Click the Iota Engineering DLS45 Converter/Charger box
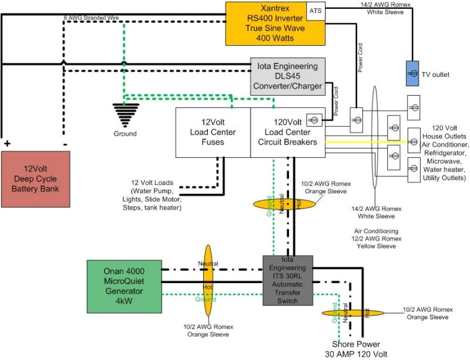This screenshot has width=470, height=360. coord(287,76)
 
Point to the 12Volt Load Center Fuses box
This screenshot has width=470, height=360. coord(213,133)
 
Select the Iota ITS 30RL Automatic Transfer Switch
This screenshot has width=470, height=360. coord(287,280)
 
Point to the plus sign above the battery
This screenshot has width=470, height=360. coord(8,143)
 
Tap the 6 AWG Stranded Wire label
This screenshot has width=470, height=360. coord(92,18)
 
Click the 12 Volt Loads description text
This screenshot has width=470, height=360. coord(153,196)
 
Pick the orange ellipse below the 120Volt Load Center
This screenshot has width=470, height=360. coord(284,204)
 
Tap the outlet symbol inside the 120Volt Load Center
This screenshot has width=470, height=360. coord(314,120)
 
